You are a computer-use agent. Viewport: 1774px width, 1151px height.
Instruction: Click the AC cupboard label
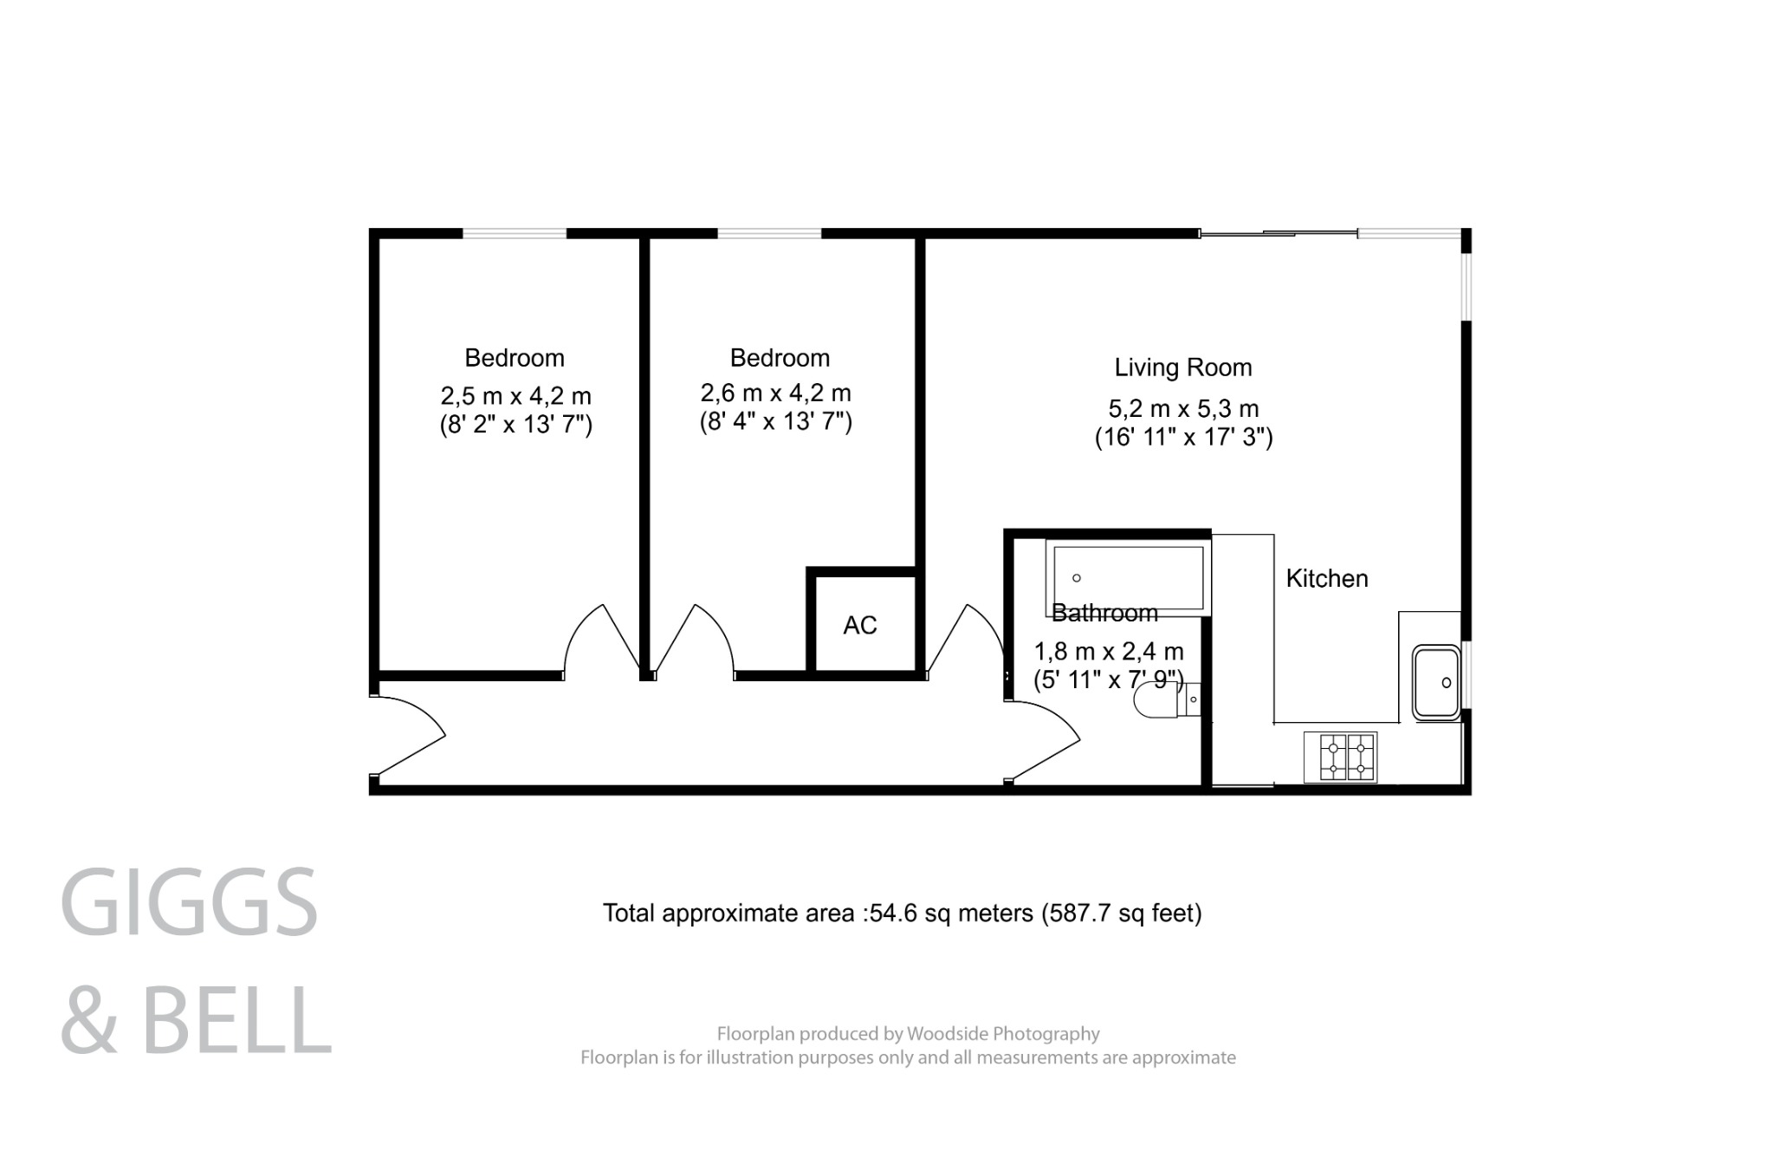pos(859,625)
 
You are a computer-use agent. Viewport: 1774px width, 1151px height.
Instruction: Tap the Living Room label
pos(1182,367)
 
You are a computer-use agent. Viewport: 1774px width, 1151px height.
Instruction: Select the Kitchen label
pos(1326,579)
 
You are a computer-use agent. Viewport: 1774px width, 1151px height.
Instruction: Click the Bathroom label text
pos(1104,614)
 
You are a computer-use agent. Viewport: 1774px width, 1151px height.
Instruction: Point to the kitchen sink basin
pos(1436,682)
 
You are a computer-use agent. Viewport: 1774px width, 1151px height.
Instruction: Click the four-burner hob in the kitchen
pos(1340,758)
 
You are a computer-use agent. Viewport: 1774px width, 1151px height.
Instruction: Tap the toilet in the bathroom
pos(1156,699)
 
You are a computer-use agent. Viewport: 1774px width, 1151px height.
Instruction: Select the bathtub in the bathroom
pos(1126,577)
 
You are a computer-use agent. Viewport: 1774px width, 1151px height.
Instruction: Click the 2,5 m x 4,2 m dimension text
pos(515,396)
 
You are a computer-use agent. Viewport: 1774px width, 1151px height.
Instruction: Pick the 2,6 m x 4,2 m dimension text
pos(775,393)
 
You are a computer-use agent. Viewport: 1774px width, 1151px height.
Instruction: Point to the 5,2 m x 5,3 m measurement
pos(1183,408)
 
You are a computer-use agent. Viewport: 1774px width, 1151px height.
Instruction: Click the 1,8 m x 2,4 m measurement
pos(1108,651)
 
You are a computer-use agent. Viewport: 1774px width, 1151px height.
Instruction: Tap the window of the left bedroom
pos(515,233)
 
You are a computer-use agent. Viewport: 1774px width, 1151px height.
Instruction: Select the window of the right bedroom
pos(769,233)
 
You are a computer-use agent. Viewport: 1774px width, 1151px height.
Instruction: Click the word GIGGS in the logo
pos(189,902)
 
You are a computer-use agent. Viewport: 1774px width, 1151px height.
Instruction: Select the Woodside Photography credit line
pos(908,1033)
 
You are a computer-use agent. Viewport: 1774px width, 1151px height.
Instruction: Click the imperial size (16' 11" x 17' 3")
pos(1183,438)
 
